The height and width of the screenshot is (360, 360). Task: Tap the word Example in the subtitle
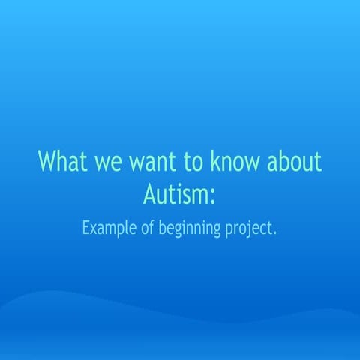[109, 228]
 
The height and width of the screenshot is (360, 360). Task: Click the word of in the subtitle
[148, 227]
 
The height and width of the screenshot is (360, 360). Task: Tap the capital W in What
[49, 163]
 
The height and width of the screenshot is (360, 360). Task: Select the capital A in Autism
[149, 194]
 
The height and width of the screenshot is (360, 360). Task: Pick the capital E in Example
[86, 227]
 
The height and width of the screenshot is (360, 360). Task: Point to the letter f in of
[152, 226]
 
